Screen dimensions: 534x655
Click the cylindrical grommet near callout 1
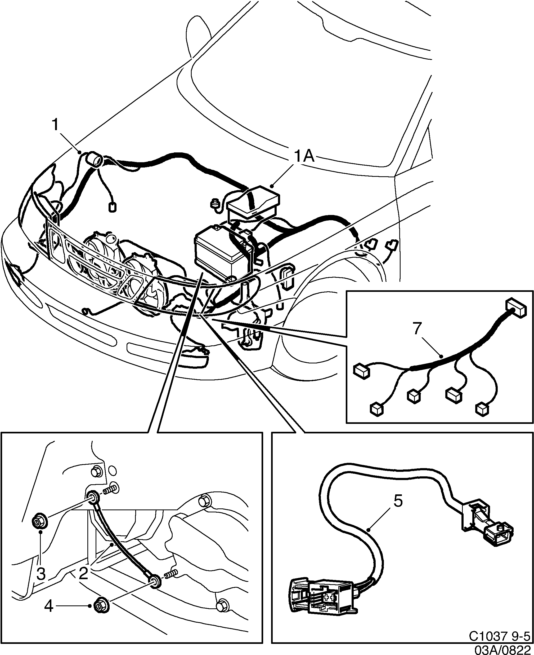pos(95,160)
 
